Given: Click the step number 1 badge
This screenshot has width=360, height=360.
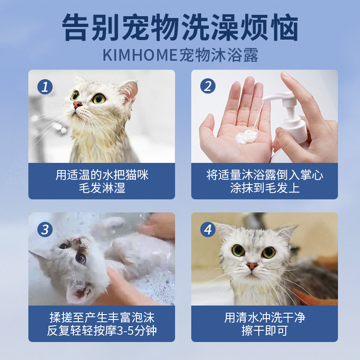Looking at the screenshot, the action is (45, 87).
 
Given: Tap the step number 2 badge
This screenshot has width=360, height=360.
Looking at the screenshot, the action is (208, 86).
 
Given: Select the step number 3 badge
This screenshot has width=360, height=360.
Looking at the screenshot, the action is (45, 229).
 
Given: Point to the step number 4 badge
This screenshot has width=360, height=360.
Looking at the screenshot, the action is (208, 229).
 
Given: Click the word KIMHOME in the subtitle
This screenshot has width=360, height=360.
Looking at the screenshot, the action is (140, 55).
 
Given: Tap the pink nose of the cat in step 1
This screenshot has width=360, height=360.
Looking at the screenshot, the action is (77, 105).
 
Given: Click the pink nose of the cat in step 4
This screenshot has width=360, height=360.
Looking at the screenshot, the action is (252, 266).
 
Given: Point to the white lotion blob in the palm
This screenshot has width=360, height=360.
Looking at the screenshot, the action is (246, 137).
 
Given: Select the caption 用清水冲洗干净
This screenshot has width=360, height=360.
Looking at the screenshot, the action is (265, 318).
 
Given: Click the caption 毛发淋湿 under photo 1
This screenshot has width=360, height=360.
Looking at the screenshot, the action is (102, 188).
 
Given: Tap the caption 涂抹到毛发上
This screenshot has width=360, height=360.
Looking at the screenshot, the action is (265, 188).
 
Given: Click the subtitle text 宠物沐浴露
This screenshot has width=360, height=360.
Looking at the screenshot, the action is (219, 55).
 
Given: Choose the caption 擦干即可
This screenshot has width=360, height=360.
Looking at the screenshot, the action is (265, 331).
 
